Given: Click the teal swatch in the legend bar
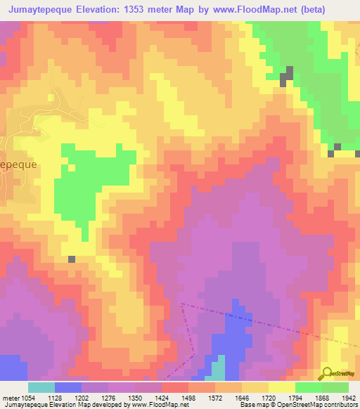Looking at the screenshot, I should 41,387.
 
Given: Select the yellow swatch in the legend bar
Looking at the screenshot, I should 282,387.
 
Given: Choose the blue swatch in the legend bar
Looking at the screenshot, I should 68,387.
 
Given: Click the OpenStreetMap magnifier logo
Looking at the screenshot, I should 326,374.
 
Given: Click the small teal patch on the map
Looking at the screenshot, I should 219,368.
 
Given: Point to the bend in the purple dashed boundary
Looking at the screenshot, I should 193,351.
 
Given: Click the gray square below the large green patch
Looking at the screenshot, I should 72,259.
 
